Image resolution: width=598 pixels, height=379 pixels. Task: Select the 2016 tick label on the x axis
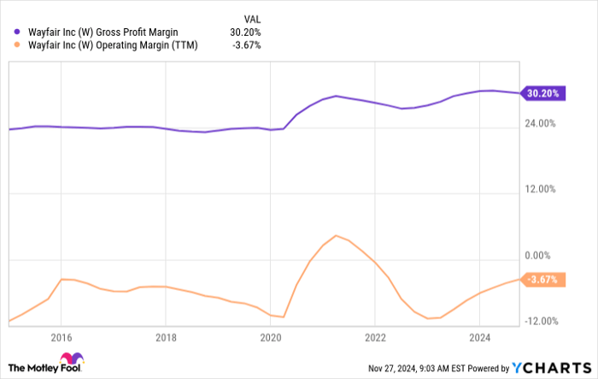[x=61, y=337]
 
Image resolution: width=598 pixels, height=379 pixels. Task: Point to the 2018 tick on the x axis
[x=166, y=337]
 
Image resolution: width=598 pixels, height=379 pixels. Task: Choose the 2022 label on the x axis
[x=375, y=337]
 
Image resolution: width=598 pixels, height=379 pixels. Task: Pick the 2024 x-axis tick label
[x=479, y=337]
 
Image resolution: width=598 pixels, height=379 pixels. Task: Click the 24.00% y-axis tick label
[x=540, y=123]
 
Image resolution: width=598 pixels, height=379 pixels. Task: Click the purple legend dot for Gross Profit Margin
[x=17, y=32]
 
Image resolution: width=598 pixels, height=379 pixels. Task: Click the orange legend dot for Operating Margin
[x=17, y=45]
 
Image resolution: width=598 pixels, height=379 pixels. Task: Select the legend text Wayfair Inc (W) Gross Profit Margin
[x=102, y=32]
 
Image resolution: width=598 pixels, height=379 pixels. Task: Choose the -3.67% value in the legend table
[x=246, y=45]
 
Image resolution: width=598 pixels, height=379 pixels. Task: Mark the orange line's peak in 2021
[x=337, y=235]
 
